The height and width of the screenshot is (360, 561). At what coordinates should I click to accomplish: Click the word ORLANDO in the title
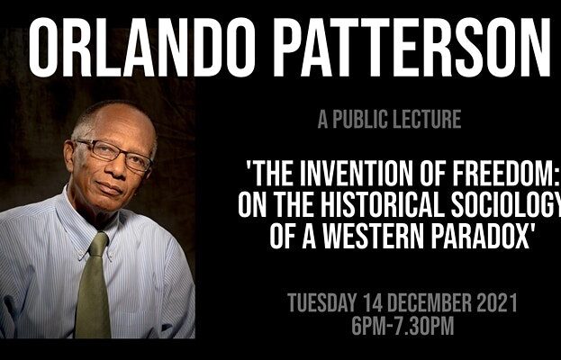click(x=142, y=47)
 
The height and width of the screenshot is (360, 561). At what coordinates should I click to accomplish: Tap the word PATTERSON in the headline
click(x=412, y=47)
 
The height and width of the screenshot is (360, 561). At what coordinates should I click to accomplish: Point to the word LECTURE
click(x=427, y=120)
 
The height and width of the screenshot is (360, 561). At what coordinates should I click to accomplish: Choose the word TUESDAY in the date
click(x=322, y=302)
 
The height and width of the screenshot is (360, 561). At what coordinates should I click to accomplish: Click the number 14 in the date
click(x=372, y=302)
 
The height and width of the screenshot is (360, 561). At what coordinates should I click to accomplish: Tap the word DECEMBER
click(x=429, y=302)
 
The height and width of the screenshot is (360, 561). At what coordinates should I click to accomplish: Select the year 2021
click(x=497, y=302)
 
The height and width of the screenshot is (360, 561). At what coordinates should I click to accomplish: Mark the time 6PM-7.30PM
click(x=403, y=325)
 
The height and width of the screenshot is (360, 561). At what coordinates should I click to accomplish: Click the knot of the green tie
click(x=98, y=244)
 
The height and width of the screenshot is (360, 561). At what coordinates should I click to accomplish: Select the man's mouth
click(x=109, y=189)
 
